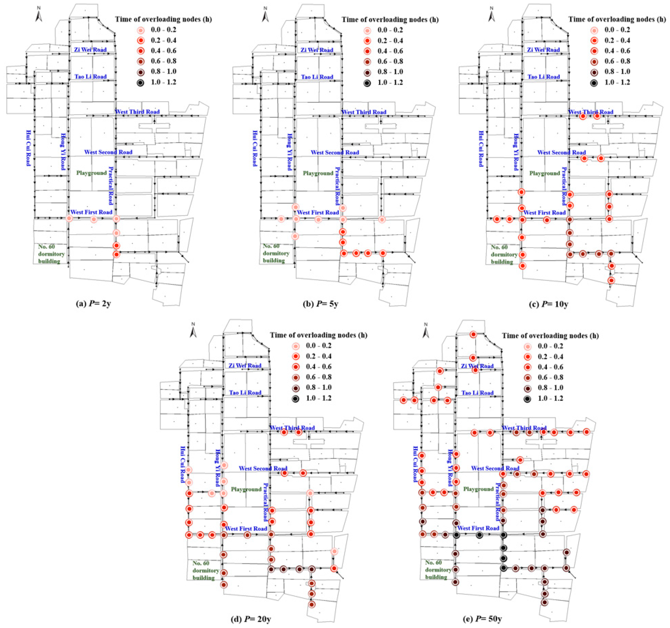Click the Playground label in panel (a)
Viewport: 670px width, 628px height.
pos(91,173)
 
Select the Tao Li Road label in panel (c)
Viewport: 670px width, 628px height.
pos(544,77)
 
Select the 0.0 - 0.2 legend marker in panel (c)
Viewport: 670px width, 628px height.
pos(594,30)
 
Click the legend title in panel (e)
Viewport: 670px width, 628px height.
pos(550,336)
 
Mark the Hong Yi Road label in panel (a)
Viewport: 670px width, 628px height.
pos(63,152)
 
